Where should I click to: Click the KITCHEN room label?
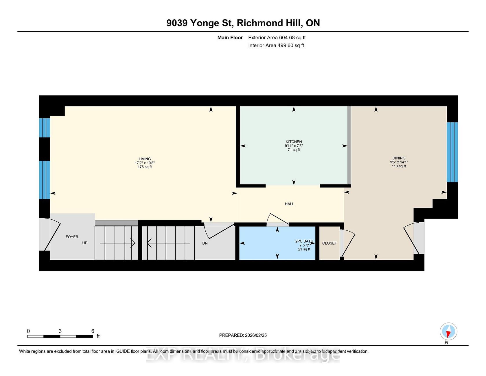coord(294,142)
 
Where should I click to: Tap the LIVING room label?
coord(145,159)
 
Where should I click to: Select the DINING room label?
coord(399,158)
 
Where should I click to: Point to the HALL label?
coord(289,204)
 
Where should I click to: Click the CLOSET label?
coord(329,243)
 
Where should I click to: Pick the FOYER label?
coord(72,237)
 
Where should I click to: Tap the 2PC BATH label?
coord(304,241)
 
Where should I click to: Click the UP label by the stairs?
coord(85,243)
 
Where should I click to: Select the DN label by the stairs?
coord(205,243)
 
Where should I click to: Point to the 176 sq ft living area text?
coord(145,167)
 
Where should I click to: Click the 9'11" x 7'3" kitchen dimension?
coord(294,146)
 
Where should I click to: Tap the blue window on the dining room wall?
coord(452,152)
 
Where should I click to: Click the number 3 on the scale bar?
coord(60,331)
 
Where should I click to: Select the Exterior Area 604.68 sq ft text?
coord(277,38)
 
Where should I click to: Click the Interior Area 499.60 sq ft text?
coord(276,45)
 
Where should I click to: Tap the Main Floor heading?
coord(230,38)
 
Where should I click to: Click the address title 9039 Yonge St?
coord(200,23)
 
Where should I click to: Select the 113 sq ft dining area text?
coord(399,166)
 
